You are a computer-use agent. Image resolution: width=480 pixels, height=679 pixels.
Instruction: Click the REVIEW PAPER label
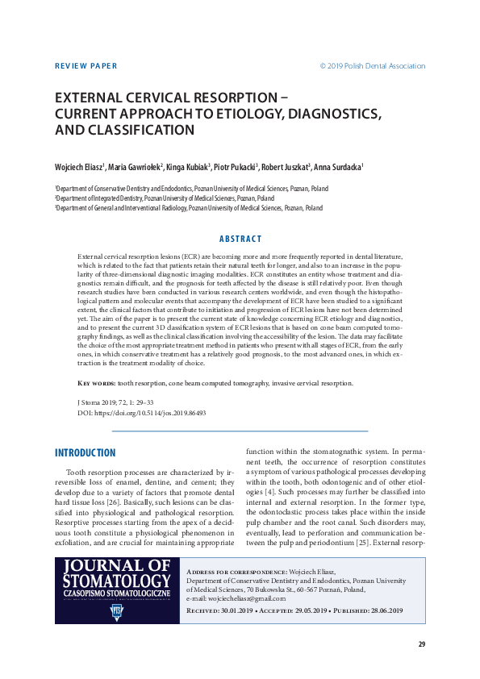[85, 66]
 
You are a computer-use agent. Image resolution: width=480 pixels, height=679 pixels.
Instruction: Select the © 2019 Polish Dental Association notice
[372, 66]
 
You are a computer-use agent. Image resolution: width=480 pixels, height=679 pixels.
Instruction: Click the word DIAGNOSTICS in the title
[322, 113]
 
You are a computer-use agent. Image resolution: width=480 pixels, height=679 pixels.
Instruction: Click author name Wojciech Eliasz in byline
[78, 167]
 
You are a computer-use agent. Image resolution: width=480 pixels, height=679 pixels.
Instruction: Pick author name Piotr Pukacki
[235, 167]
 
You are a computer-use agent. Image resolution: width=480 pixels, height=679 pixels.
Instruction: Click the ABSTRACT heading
[240, 239]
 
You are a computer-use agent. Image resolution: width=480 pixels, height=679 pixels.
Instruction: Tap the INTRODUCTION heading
[85, 453]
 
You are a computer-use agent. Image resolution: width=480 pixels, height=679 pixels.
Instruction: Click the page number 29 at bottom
[421, 644]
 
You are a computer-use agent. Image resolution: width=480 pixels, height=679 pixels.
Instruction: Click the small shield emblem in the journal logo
[117, 612]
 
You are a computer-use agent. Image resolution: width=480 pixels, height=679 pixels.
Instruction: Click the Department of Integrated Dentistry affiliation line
[165, 198]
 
